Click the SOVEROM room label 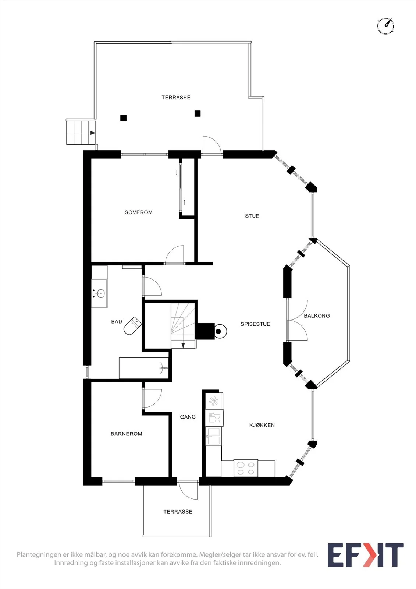click(139, 212)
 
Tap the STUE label click(252, 216)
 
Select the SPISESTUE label click(255, 324)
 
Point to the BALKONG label click(317, 315)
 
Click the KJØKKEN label click(262, 425)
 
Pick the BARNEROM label click(126, 434)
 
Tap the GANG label click(188, 416)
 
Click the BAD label click(117, 321)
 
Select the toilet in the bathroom click(132, 326)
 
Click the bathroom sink click(99, 293)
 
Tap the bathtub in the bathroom click(143, 368)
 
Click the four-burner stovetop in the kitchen click(246, 468)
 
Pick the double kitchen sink click(213, 436)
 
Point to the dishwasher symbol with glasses click(214, 417)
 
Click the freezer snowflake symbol click(214, 401)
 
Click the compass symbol click(386, 26)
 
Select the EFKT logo click(366, 555)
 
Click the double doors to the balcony click(297, 320)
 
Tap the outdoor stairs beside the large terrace click(81, 132)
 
